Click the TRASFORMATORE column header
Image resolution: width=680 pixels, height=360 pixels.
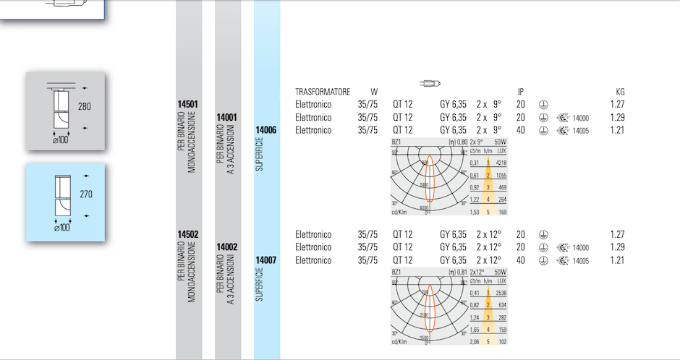323,92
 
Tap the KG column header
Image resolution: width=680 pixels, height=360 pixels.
619,92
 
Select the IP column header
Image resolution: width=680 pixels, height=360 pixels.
520,92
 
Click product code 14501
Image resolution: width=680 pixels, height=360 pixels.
188,105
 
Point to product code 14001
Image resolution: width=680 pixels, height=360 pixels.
227,117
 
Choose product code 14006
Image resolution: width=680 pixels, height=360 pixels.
266,130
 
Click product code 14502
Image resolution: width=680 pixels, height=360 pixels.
188,235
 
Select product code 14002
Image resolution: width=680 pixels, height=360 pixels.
227,247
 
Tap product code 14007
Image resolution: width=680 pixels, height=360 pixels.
266,260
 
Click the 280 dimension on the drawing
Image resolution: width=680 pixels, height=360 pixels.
84,107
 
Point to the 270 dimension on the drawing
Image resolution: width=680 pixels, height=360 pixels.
84,194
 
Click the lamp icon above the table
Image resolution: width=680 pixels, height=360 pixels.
430,82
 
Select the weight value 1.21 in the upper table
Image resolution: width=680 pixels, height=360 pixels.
616,131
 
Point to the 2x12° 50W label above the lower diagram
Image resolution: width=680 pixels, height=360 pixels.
487,272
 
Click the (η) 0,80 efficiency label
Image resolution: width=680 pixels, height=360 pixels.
457,142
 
